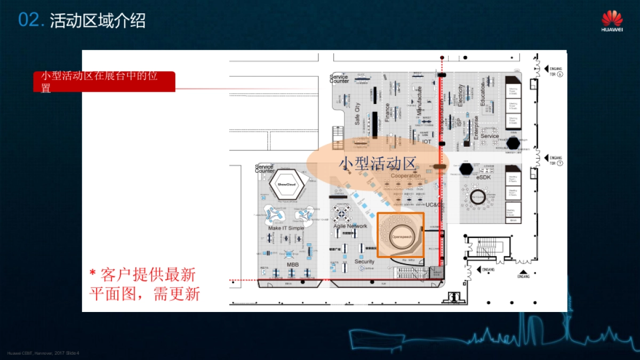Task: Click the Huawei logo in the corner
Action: coord(612,21)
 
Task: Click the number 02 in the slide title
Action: coord(30,20)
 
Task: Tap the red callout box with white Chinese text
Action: coord(104,81)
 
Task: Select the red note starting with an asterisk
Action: coord(143,284)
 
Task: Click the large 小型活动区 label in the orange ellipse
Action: coord(377,163)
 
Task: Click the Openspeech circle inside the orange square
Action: coord(400,235)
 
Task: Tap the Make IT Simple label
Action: coord(286,228)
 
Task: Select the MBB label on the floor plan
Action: coord(293,265)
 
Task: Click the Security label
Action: coord(365,261)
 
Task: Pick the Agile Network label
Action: coord(350,226)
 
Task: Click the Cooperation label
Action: coord(405,175)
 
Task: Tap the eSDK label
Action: coord(483,177)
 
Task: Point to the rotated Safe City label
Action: coord(357,114)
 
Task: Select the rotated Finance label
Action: coord(387,113)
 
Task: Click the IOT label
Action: coord(427,142)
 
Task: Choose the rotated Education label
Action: coord(483,94)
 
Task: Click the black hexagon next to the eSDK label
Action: coord(466,169)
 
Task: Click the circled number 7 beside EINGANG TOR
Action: coord(560,163)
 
